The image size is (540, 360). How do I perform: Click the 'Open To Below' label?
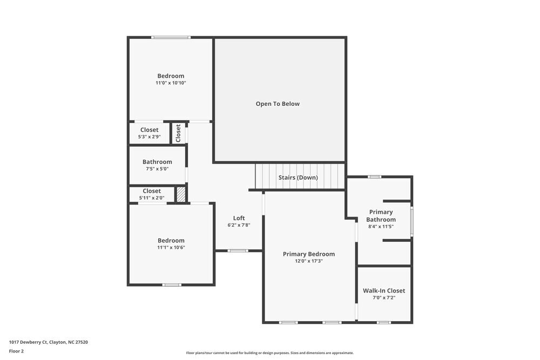coord(278,104)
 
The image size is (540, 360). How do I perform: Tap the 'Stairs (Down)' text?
coord(298,178)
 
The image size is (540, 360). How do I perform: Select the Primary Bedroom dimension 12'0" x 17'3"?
coord(309,261)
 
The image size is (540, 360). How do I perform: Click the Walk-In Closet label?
coord(383,290)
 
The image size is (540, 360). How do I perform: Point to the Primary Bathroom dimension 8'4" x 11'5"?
coord(381,226)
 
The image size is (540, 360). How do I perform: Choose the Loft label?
coord(239,218)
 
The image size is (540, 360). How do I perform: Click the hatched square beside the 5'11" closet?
coord(181,194)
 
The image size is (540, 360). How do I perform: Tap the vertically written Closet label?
coord(178,133)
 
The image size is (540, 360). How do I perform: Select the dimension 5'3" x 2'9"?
coord(150,137)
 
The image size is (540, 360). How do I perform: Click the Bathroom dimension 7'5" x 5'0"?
coord(157,168)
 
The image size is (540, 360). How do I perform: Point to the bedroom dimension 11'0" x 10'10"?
coord(171,83)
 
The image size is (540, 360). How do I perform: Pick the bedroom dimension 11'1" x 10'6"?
coord(171,247)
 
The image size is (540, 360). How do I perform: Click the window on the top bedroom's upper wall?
coord(171,37)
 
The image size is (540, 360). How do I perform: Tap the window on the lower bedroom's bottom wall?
coord(172,284)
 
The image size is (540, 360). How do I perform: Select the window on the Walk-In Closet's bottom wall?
coord(383,322)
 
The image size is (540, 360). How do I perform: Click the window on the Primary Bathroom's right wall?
coord(411,221)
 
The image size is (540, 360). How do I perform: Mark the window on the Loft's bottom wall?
coord(238,250)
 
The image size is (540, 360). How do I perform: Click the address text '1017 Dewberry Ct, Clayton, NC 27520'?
coord(49,342)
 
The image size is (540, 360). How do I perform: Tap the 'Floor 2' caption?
coord(16,351)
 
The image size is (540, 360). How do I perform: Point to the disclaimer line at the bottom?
coord(270,353)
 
